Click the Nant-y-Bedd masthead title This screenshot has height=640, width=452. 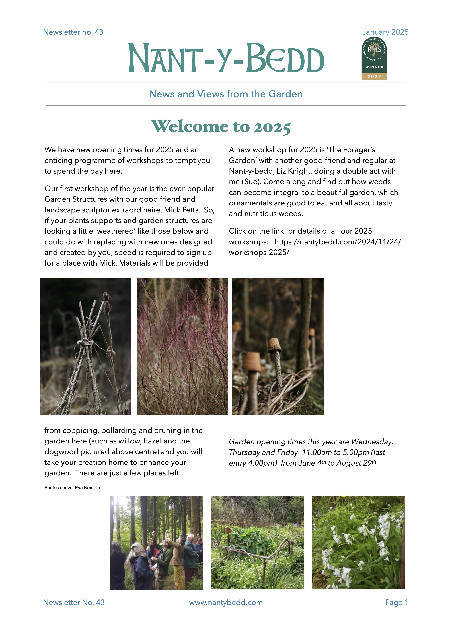pos(226,58)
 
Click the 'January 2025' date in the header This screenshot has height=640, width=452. pos(385,32)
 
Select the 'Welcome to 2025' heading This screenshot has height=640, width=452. pos(221,126)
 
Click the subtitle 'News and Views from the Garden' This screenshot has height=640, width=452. pos(226,94)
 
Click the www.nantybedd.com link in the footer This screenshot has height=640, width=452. pos(226,602)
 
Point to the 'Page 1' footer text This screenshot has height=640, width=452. pos(397,602)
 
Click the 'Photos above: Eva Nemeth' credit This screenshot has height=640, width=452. pos(72,487)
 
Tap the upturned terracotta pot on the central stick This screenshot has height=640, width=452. pos(275,345)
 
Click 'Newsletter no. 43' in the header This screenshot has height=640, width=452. pos(73,32)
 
